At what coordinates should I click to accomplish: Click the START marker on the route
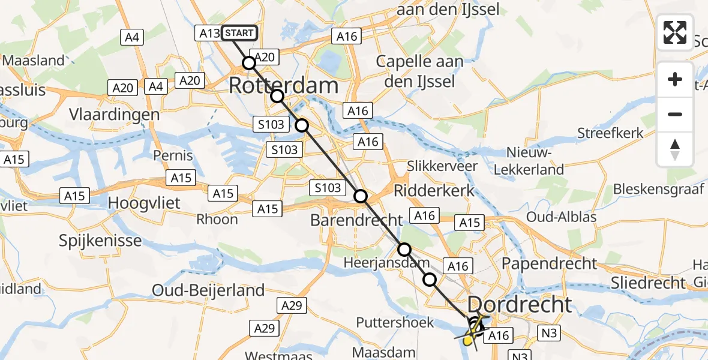[x=239, y=33]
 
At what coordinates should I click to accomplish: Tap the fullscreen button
[x=675, y=32]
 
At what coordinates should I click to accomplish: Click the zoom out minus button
[x=675, y=114]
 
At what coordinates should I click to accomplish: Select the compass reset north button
[x=675, y=149]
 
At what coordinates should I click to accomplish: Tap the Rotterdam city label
[x=284, y=86]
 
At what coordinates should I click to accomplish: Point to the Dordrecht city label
[x=519, y=304]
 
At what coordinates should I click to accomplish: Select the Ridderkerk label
[x=434, y=191]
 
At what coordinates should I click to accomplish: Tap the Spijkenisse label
[x=100, y=241]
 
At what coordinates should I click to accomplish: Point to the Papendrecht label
[x=550, y=263]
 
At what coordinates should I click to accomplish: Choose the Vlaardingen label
[x=114, y=115]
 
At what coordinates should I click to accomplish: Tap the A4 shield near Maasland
[x=132, y=37]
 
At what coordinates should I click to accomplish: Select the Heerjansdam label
[x=387, y=263]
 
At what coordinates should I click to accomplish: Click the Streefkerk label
[x=611, y=133]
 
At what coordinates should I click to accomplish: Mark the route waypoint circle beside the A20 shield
[x=248, y=62]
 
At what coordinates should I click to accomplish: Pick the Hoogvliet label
[x=144, y=203]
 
